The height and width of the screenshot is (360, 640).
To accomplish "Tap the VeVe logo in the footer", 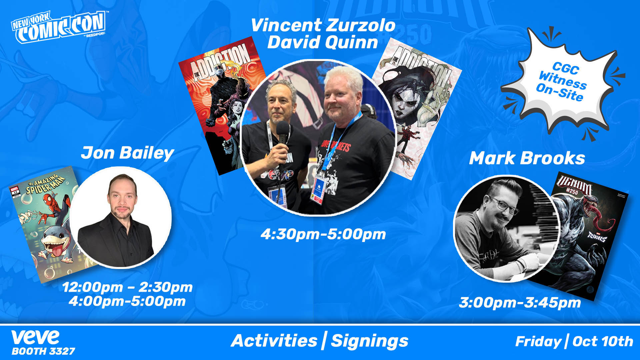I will (x=35, y=337).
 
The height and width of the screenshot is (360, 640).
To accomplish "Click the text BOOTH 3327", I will (x=43, y=351).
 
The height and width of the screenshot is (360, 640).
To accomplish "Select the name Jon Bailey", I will (x=127, y=153).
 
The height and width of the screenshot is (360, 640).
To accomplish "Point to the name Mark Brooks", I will (x=527, y=158).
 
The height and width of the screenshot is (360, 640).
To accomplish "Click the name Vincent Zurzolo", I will (x=323, y=26).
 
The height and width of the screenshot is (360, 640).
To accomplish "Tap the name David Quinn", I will (x=323, y=43).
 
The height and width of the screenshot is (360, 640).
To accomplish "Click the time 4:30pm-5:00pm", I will (x=323, y=234).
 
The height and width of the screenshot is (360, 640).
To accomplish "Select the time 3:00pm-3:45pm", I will (x=520, y=303).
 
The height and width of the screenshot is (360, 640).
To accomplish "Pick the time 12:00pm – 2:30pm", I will (x=127, y=287).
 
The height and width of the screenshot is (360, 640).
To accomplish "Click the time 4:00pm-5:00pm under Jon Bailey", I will (x=127, y=301).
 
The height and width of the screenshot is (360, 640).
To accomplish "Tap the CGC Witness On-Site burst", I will (x=562, y=82).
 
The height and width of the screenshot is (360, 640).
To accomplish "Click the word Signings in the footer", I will (x=370, y=341).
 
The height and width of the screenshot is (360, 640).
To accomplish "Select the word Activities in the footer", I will (x=274, y=341).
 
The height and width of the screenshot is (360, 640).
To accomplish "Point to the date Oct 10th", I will (x=603, y=341).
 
